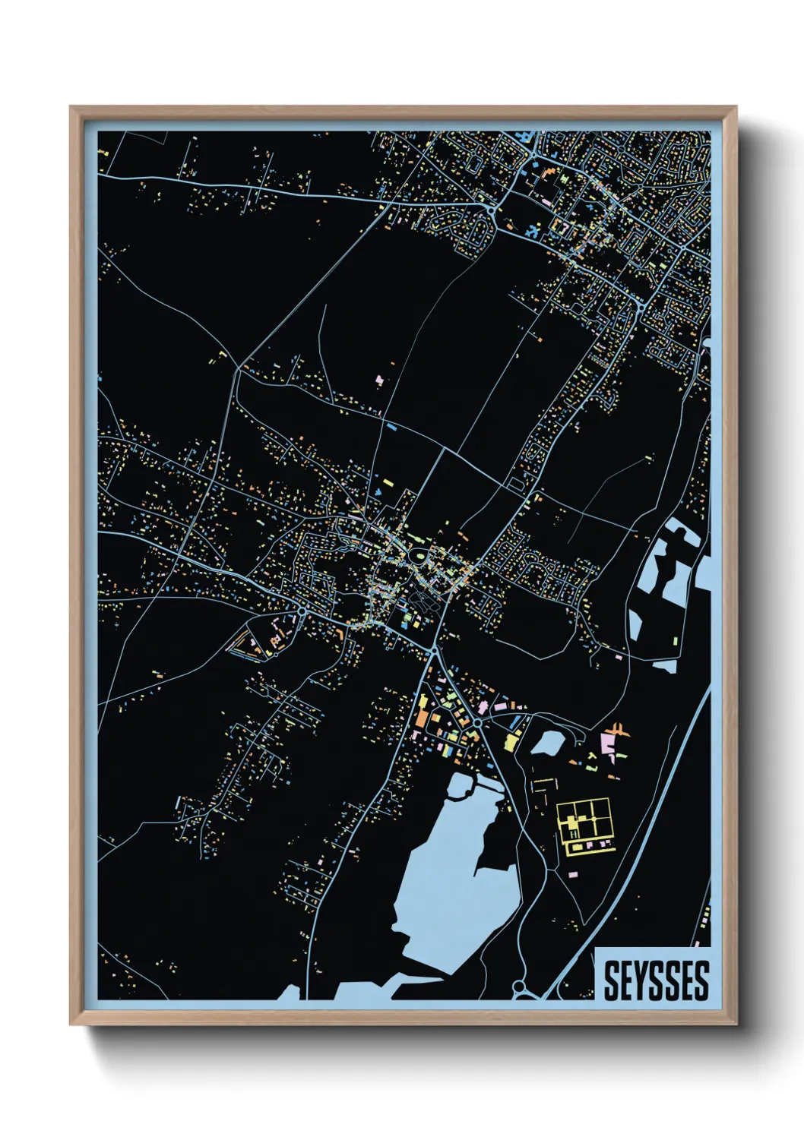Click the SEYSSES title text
[x=656, y=980]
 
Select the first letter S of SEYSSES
[x=611, y=980]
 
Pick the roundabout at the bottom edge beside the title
[x=520, y=987]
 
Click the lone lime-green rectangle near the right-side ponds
[x=675, y=639]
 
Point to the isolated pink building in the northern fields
[x=379, y=378]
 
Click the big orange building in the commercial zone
[x=422, y=718]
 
